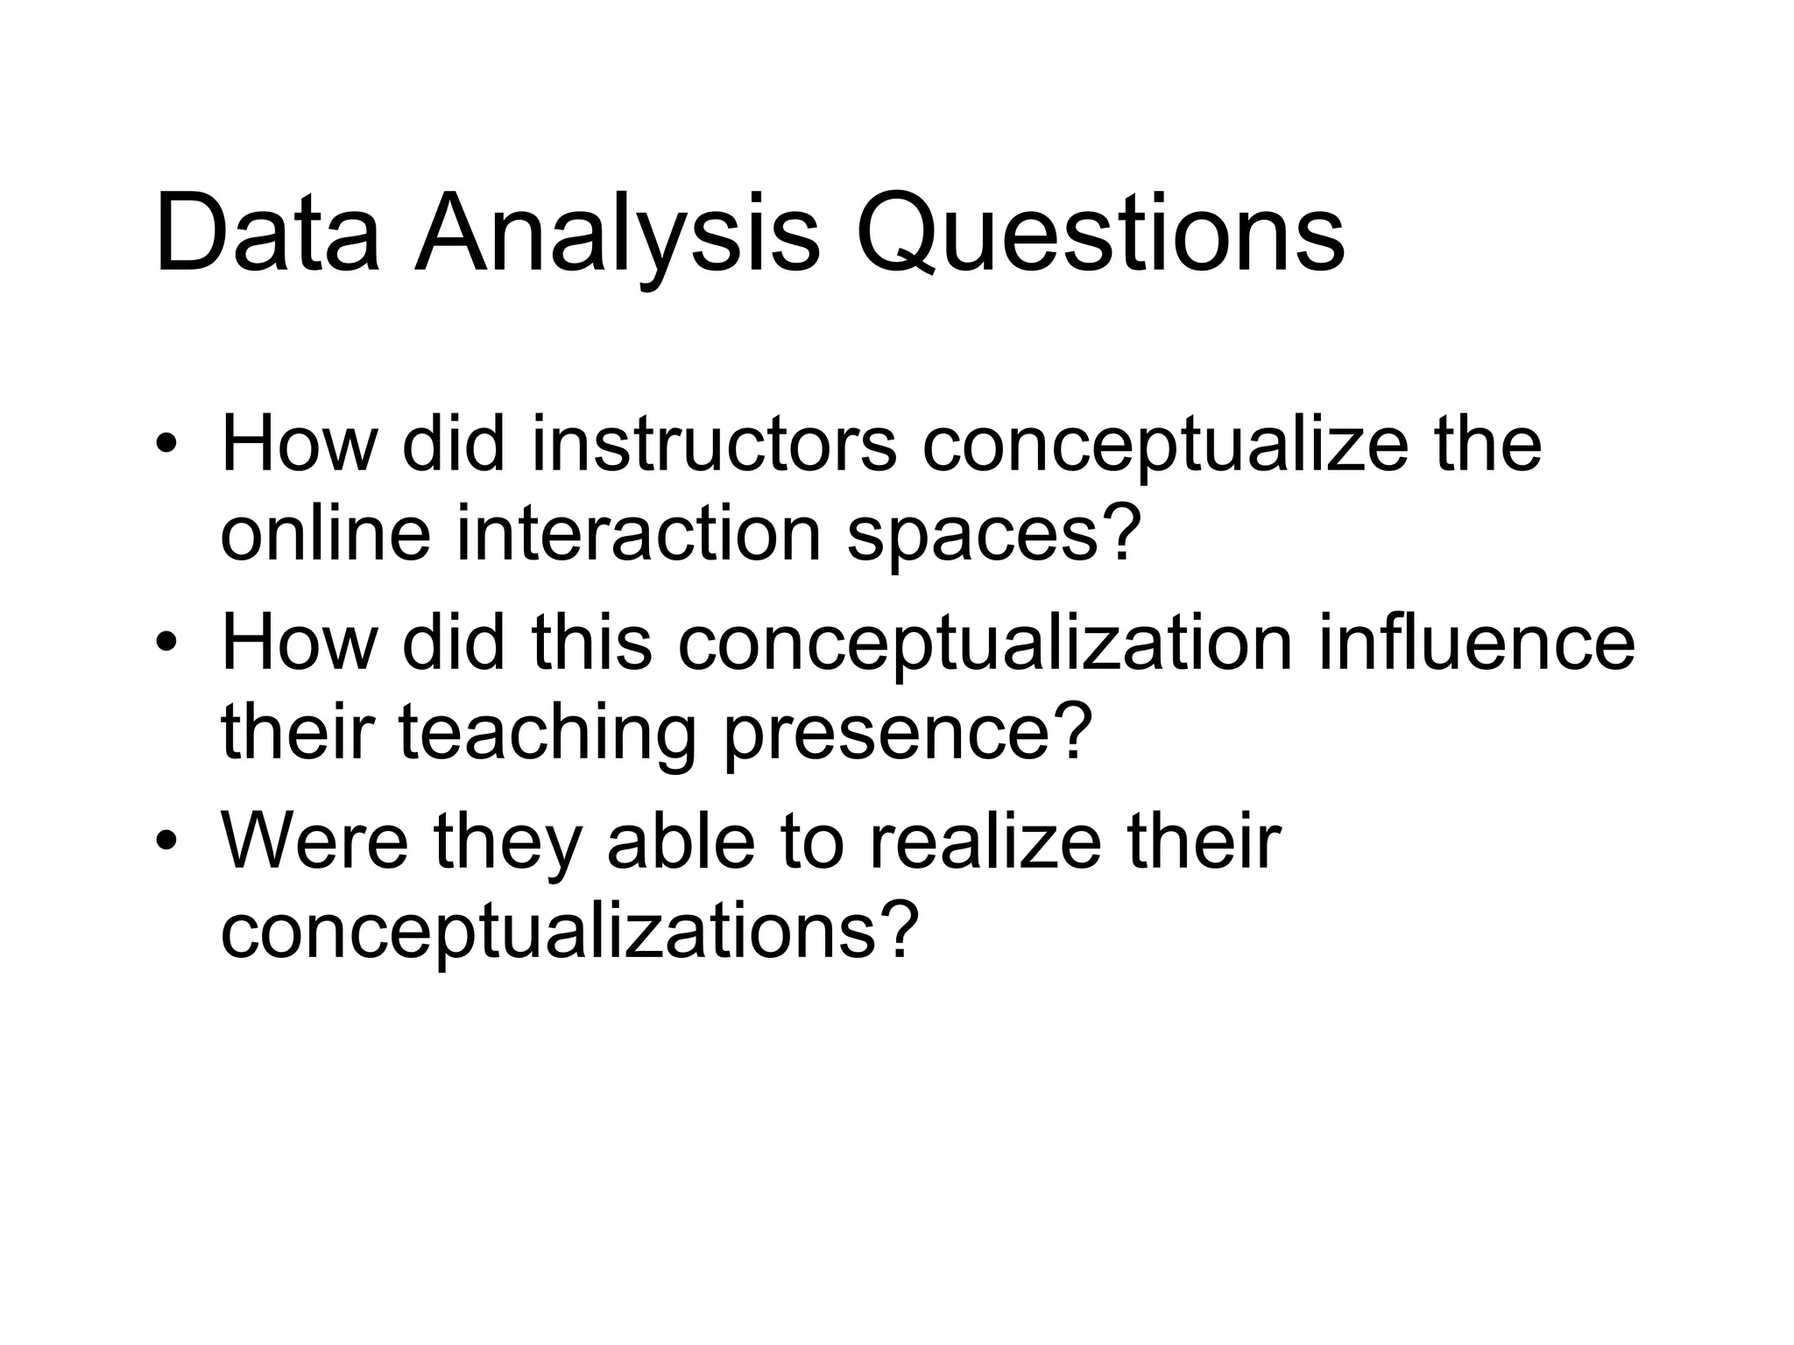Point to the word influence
pos(1476,644)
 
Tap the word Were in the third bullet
pos(314,842)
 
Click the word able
pos(680,842)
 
